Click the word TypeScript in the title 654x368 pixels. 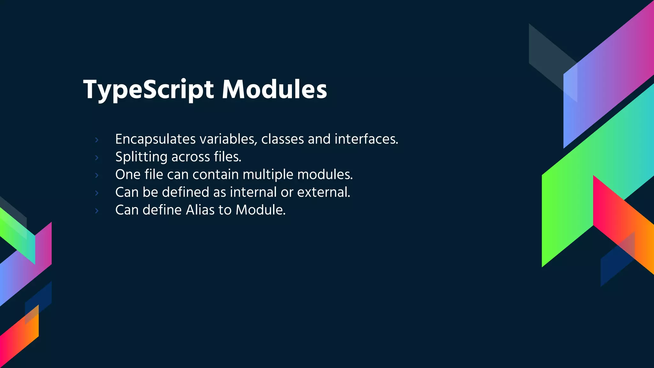tap(148, 90)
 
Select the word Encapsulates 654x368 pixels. tap(156, 139)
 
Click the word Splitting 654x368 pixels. tap(141, 157)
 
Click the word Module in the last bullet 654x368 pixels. tap(260, 210)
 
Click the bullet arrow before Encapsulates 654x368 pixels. tap(97, 140)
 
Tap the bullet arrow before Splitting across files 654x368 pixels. tap(97, 157)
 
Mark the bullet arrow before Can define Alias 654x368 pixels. tap(97, 211)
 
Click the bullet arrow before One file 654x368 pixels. tap(97, 175)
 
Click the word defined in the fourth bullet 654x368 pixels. tap(186, 192)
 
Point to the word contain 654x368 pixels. tap(216, 174)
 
